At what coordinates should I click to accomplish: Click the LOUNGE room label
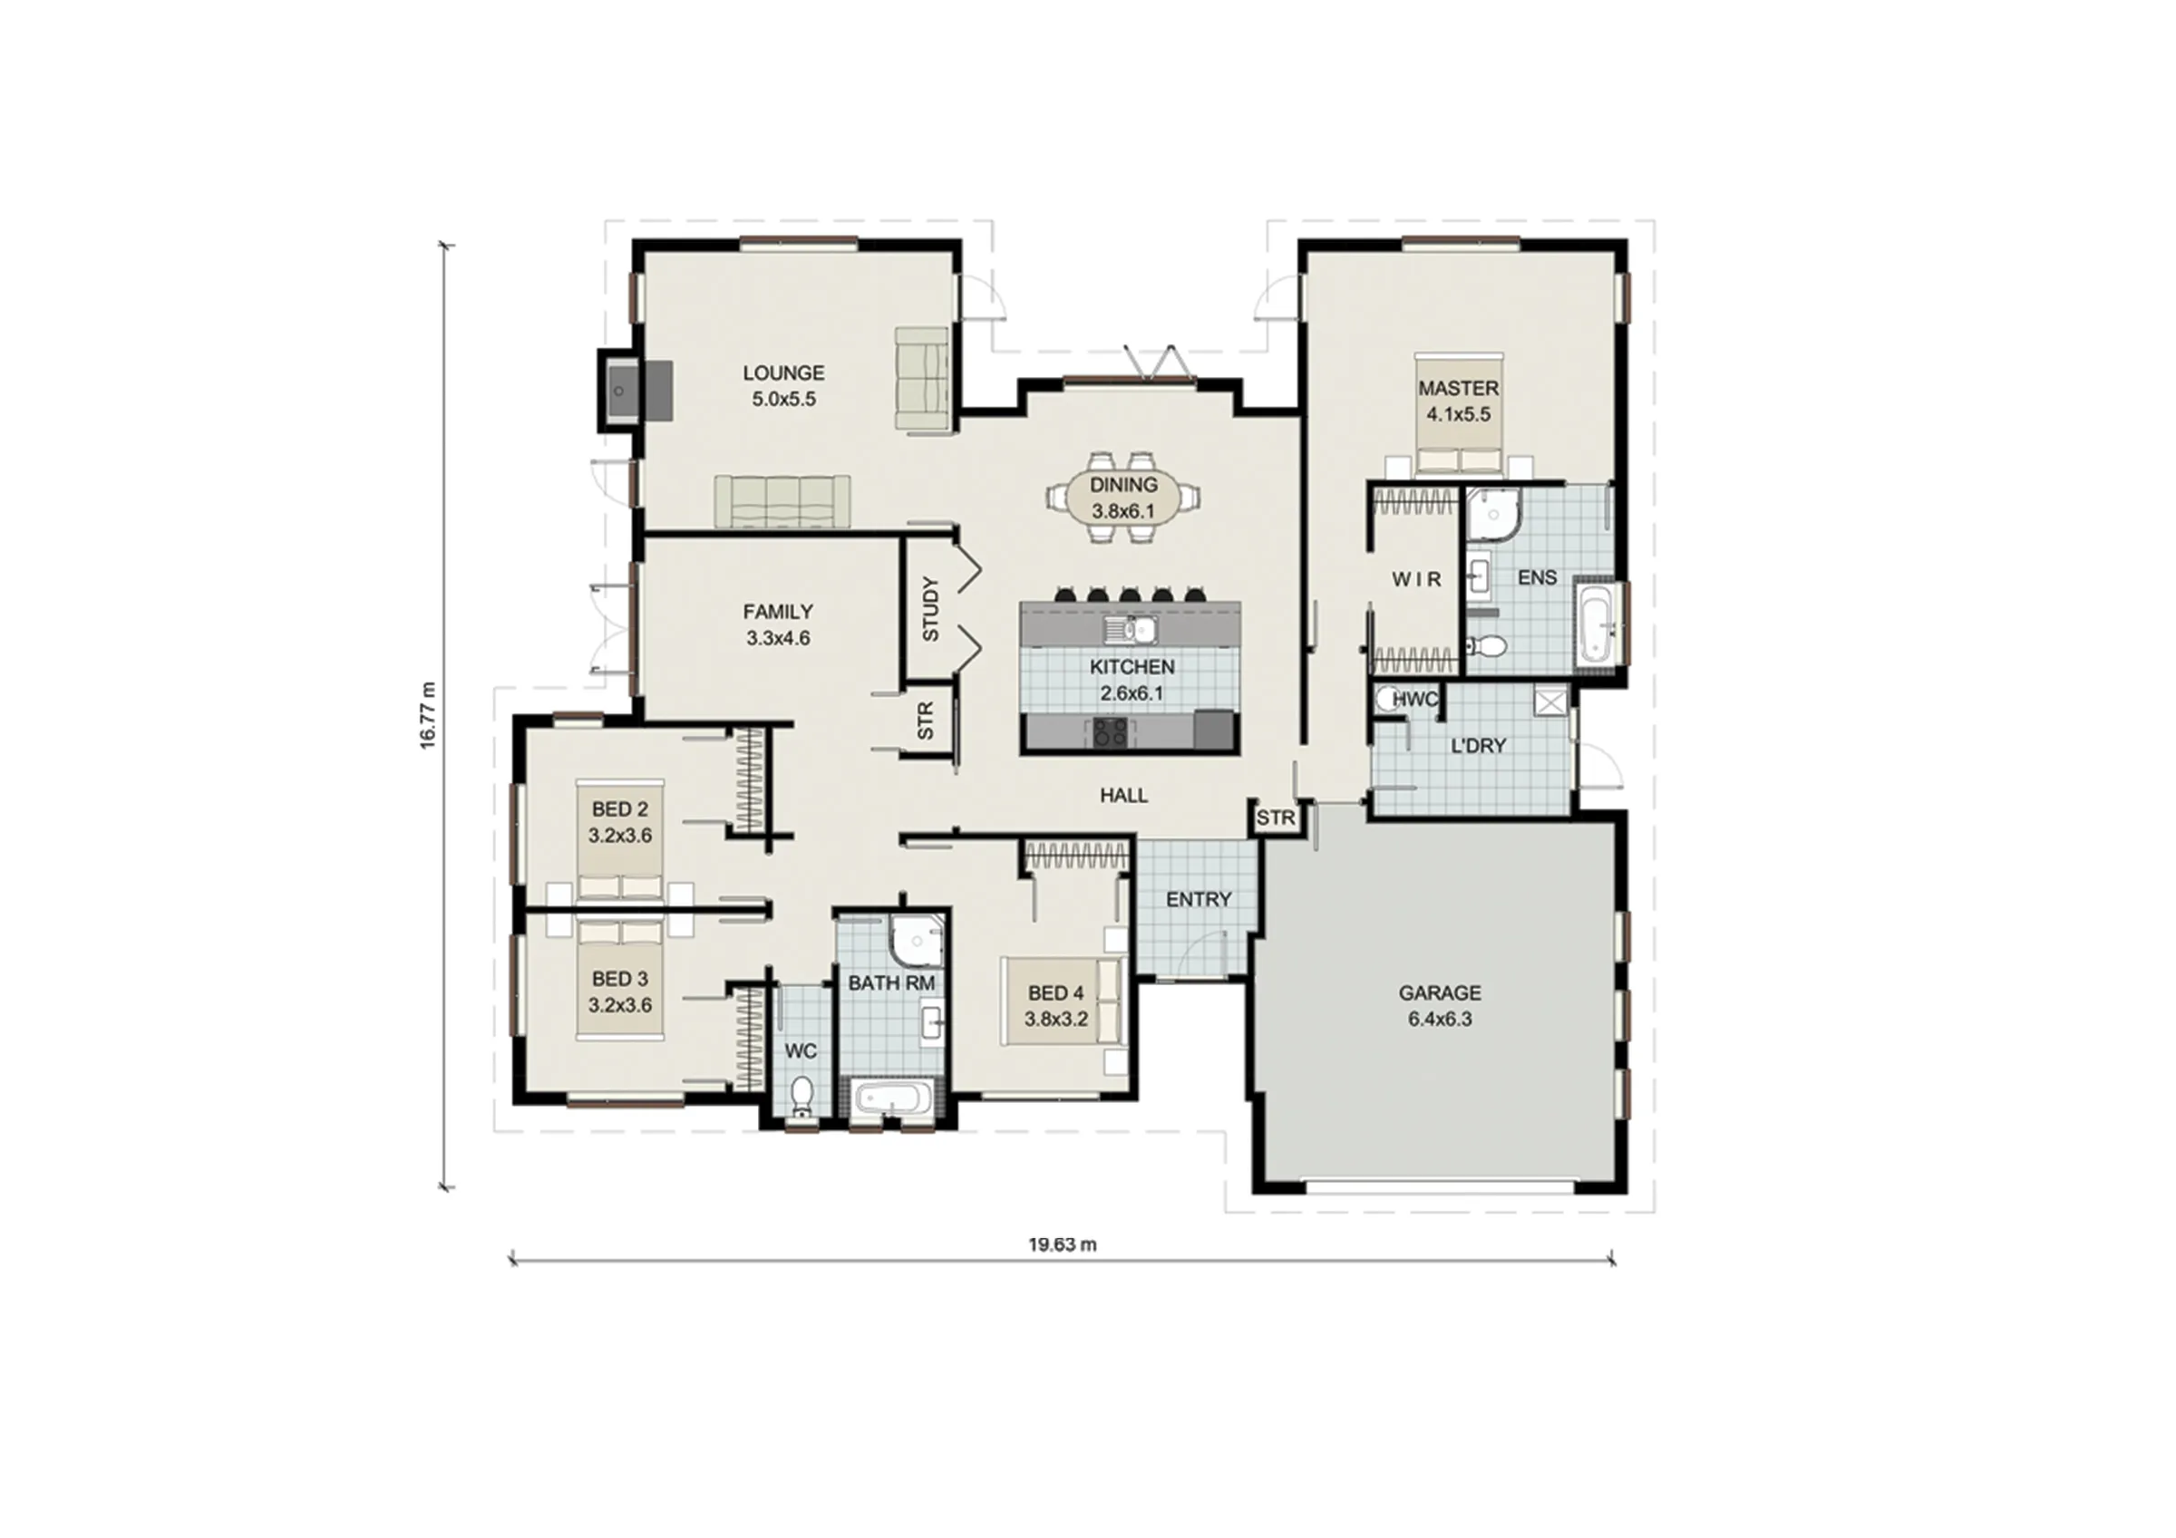coord(782,373)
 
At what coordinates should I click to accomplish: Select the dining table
coord(1124,498)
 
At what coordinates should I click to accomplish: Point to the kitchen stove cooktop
coord(1111,730)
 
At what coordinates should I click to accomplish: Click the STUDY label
coord(930,609)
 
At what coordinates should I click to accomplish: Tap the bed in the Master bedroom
coord(1459,415)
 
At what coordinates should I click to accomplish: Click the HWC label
coord(1416,700)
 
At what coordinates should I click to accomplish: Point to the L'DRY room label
coord(1479,746)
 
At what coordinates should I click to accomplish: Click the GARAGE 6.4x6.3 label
coord(1440,1006)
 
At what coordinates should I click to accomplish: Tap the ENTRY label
coord(1199,899)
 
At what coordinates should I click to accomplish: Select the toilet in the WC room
coord(801,1097)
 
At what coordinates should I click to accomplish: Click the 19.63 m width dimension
coord(1063,1244)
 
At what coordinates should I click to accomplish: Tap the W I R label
coord(1416,579)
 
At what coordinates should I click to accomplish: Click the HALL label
coord(1124,796)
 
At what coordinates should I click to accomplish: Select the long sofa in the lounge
coord(782,501)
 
